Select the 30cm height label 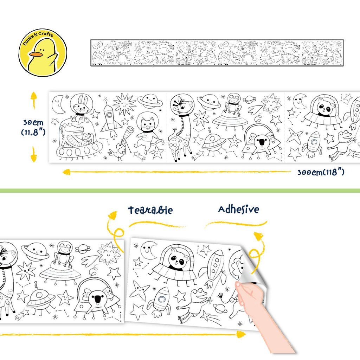33,122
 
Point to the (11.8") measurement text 33,132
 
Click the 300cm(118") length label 321,172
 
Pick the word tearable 150,210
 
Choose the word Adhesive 239,209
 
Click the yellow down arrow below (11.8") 34,154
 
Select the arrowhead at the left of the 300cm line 66,172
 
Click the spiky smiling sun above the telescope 125,104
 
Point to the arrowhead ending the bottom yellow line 241,334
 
